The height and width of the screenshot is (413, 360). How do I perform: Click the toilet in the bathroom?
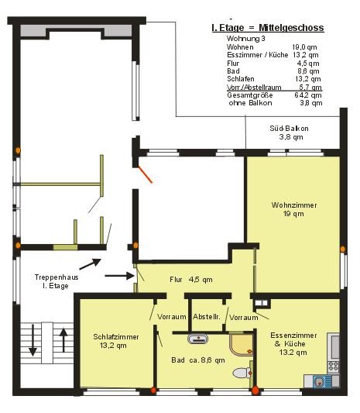[x=242, y=373]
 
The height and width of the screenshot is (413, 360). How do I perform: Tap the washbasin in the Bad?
[x=198, y=339]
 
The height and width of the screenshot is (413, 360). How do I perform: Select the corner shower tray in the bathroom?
[x=241, y=345]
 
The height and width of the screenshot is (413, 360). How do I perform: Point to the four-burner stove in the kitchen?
[x=333, y=367]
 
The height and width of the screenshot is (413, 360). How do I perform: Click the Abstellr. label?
[x=206, y=316]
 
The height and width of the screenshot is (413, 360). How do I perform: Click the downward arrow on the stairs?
[x=33, y=340]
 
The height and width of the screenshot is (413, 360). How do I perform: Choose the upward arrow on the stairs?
[x=63, y=340]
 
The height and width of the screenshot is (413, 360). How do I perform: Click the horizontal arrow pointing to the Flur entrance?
[x=120, y=276]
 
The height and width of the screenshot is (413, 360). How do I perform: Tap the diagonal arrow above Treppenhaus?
[x=91, y=264]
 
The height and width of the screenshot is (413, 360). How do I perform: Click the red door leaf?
[x=145, y=174]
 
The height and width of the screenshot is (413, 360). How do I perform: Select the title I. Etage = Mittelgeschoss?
[x=268, y=28]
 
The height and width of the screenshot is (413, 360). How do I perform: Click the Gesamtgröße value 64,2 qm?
[x=308, y=95]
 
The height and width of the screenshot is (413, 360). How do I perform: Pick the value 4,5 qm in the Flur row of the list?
[x=308, y=64]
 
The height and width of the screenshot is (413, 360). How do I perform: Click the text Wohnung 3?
[x=245, y=39]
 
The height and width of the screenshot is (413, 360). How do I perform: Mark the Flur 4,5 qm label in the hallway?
[x=191, y=280]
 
